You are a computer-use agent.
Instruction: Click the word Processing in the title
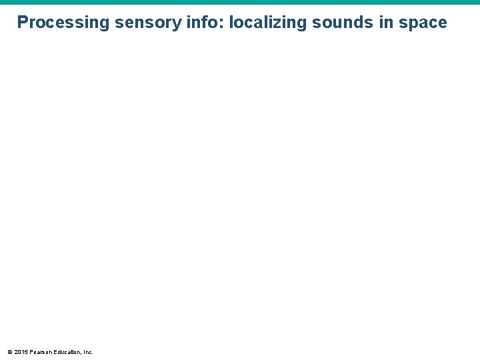[x=63, y=23]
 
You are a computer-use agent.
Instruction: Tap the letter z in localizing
[x=276, y=23]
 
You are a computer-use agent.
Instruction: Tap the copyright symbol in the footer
[x=9, y=351]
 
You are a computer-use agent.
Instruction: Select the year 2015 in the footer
[x=21, y=351]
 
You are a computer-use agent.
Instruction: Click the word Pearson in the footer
[x=41, y=351]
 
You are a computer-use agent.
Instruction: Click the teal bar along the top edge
[x=240, y=2]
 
